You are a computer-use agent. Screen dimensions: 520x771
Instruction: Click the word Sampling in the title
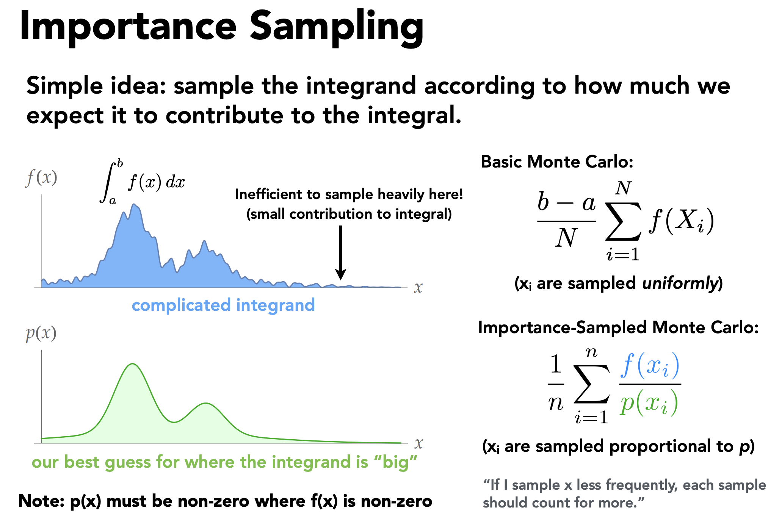[337, 27]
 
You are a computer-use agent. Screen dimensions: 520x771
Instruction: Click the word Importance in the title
[128, 27]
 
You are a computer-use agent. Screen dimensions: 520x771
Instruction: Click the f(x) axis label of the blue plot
[42, 177]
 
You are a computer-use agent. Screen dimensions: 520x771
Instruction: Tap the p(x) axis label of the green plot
[41, 334]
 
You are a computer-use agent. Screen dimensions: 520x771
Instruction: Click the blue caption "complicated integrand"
[223, 305]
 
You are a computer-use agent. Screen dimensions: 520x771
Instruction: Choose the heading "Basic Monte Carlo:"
[557, 162]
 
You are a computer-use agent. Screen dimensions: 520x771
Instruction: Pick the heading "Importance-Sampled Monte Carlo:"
[618, 327]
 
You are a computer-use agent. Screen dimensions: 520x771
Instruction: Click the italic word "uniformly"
[680, 283]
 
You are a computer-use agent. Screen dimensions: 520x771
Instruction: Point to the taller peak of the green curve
[132, 365]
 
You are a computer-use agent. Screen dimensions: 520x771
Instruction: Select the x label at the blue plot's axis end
[418, 288]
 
